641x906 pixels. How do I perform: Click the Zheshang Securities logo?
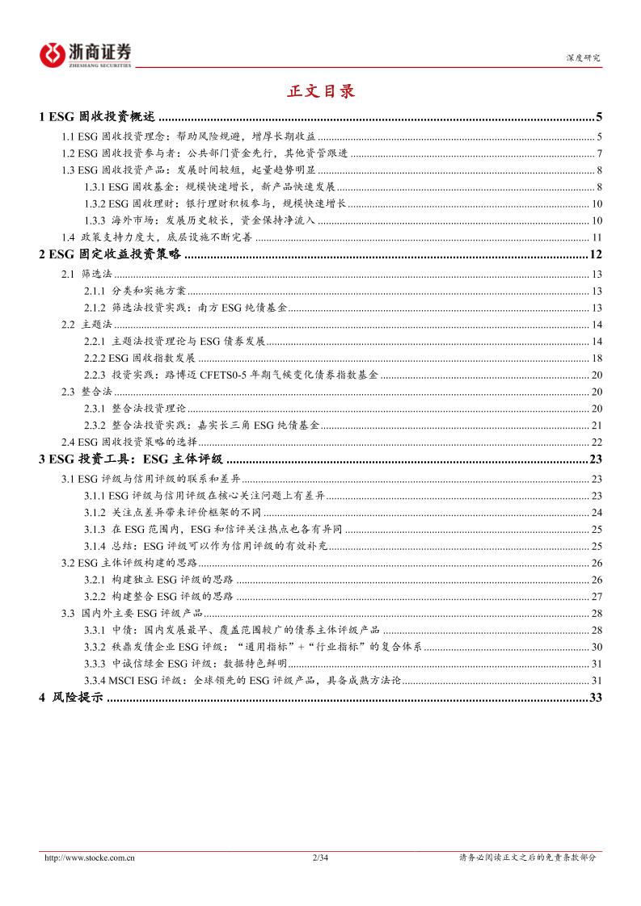click(85, 53)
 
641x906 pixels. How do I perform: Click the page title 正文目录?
click(321, 90)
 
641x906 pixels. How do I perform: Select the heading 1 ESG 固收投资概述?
click(98, 117)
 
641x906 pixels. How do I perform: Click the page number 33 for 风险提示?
click(597, 698)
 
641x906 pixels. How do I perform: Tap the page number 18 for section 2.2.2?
click(597, 359)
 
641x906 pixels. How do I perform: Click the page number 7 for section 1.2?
click(599, 153)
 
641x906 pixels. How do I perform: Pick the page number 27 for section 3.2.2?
click(597, 596)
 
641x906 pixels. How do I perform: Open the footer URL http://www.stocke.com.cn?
click(88, 858)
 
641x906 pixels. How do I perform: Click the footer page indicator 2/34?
click(320, 858)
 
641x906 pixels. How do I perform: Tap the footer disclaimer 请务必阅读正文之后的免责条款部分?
click(527, 858)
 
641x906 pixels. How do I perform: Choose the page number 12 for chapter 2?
click(597, 256)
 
